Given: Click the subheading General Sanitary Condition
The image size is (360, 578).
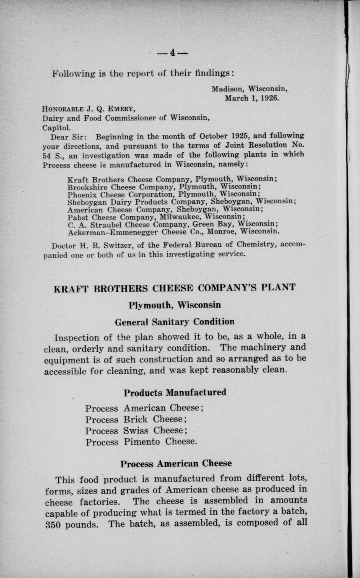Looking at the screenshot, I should tap(174, 322).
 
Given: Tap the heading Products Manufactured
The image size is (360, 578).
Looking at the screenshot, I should tap(175, 393).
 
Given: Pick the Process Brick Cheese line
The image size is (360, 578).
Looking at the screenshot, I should tap(136, 420).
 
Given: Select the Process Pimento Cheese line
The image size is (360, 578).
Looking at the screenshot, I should tap(141, 442).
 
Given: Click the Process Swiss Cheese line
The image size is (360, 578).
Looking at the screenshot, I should tap(136, 431).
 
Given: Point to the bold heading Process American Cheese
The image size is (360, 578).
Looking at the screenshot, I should tap(176, 464).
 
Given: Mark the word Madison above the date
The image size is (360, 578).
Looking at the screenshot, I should tap(228, 89).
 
